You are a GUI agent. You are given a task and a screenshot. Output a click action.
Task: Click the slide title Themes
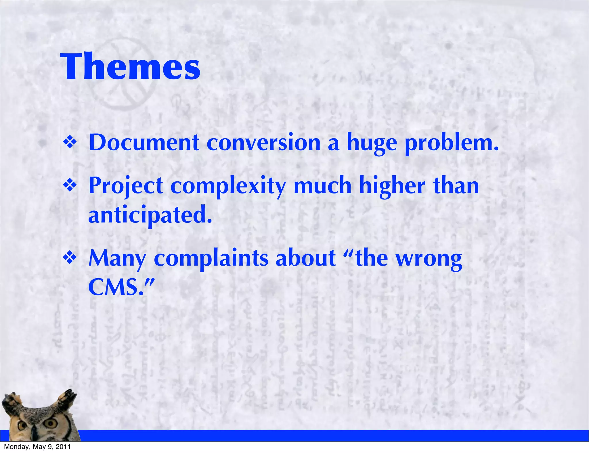point(130,67)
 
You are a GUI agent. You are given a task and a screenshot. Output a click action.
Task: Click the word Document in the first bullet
point(144,143)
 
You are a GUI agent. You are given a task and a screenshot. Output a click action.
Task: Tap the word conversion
point(263,143)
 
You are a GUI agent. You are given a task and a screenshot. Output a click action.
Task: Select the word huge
point(372,143)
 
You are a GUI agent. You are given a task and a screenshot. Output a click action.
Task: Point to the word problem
point(452,143)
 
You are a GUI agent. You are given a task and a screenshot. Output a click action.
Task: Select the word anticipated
point(150,215)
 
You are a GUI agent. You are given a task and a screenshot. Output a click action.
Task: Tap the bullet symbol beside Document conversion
point(70,143)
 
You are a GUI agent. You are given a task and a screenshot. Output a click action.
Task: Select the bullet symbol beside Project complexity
point(70,186)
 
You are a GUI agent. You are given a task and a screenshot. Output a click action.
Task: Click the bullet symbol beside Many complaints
point(70,258)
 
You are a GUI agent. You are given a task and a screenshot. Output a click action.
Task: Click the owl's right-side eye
point(52,423)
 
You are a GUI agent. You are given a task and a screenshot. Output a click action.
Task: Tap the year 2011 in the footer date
point(63,447)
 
